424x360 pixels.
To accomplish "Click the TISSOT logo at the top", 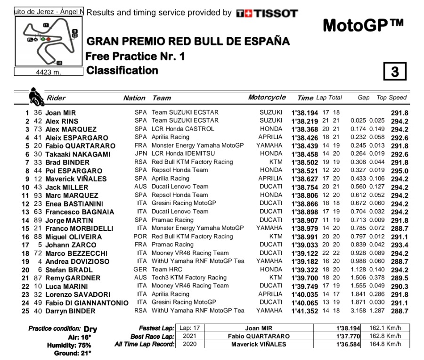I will coord(267,13).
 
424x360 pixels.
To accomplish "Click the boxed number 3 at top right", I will coord(395,71).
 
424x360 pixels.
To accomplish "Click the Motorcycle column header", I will coord(267,98).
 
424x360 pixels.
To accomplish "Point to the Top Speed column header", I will coord(391,98).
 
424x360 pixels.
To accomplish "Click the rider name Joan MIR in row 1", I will coord(61,113).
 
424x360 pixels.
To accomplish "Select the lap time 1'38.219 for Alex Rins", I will coord(304,121).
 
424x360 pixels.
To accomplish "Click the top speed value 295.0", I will coord(400,171).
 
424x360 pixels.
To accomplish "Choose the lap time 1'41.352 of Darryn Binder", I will coord(304,311).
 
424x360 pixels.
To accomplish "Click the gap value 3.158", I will coord(360,311).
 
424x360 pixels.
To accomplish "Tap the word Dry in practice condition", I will coord(90,329).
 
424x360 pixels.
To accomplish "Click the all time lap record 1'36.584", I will coord(348,344).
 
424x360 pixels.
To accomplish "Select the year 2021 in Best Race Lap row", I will coord(190,336).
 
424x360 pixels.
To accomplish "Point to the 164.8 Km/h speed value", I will coord(388,344).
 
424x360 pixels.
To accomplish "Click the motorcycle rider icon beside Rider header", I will coord(35,96).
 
